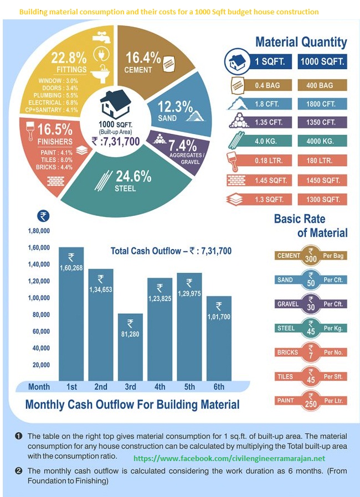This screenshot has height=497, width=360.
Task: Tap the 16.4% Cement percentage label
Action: tap(143, 60)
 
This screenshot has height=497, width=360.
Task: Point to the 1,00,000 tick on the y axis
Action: tap(39, 298)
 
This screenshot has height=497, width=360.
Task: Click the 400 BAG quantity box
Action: tap(322, 86)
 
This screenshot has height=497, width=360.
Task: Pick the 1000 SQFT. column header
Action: tap(322, 62)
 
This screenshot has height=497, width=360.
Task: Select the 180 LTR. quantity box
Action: tap(322, 161)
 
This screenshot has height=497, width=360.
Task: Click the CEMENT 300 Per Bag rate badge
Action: tap(310, 256)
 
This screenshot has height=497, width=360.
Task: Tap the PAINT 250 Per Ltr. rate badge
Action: tap(310, 400)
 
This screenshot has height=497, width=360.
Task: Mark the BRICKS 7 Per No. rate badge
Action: tap(310, 352)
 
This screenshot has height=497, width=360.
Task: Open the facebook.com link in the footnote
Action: tap(230, 459)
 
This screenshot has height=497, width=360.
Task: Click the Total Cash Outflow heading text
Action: tap(171, 251)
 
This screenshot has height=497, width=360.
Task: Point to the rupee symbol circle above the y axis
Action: tap(42, 216)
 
